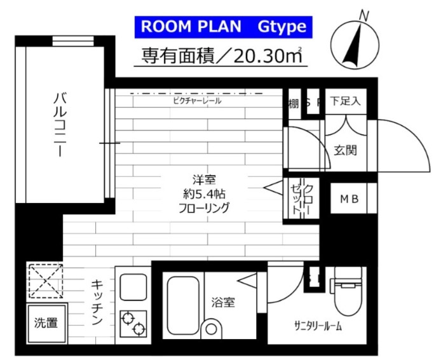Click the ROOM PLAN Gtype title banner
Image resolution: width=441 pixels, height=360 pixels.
click(x=223, y=27)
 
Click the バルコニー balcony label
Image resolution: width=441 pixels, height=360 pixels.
click(x=60, y=125)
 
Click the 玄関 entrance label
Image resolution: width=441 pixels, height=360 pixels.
click(x=345, y=150)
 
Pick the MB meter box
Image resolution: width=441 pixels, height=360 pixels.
click(x=348, y=199)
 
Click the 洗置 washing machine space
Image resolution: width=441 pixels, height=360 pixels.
click(x=46, y=322)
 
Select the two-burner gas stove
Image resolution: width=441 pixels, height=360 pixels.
click(x=132, y=324)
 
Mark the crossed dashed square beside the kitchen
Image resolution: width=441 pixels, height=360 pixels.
click(x=46, y=280)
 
